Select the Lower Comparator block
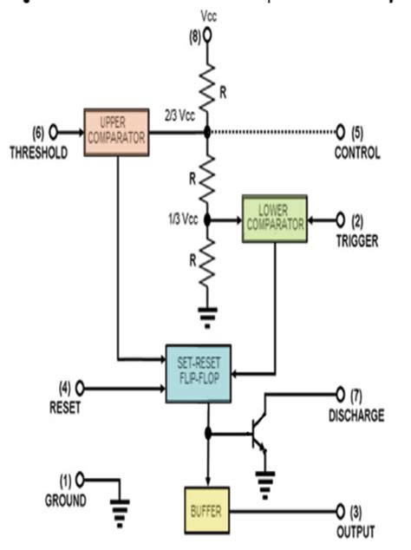tap(274, 218)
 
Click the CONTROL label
tap(356, 154)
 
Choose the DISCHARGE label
tap(356, 416)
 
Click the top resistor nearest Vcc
tap(206, 85)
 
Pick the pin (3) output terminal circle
tap(339, 510)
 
